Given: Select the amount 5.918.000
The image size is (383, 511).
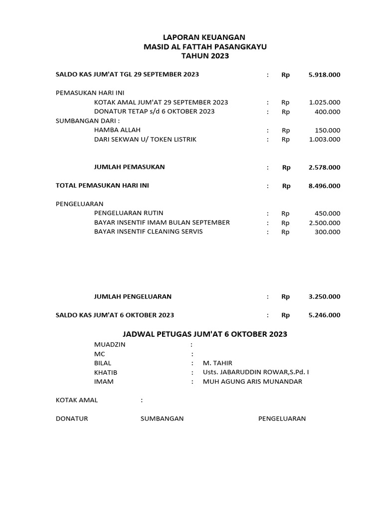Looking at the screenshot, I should pyautogui.click(x=324, y=75).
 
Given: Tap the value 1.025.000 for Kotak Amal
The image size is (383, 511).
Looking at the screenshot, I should pyautogui.click(x=324, y=102).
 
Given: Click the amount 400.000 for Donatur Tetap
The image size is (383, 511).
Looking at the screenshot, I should pyautogui.click(x=328, y=112).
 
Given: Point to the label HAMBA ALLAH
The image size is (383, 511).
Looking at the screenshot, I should pyautogui.click(x=117, y=130).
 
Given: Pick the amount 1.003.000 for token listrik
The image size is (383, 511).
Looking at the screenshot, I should pyautogui.click(x=324, y=140).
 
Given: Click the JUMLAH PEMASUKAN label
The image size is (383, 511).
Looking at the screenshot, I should pyautogui.click(x=130, y=167).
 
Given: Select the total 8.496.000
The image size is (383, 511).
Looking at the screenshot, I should pyautogui.click(x=324, y=186).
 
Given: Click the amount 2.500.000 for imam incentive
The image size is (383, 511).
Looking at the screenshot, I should pyautogui.click(x=324, y=223).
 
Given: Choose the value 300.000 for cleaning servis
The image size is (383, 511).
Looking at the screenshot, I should pyautogui.click(x=328, y=232).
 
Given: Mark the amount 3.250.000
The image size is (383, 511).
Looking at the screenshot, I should pyautogui.click(x=324, y=296).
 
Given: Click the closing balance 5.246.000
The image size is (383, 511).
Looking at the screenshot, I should pyautogui.click(x=324, y=315).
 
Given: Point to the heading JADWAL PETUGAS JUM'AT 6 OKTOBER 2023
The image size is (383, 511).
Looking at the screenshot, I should pyautogui.click(x=205, y=334).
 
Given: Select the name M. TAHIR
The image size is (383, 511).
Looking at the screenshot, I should pyautogui.click(x=217, y=363).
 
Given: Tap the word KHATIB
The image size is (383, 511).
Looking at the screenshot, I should pyautogui.click(x=106, y=373).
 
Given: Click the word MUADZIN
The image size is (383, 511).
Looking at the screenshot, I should pyautogui.click(x=110, y=345).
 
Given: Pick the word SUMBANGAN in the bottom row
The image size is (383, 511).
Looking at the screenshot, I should pyautogui.click(x=162, y=419).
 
